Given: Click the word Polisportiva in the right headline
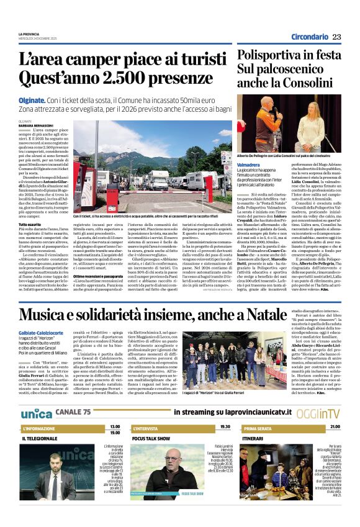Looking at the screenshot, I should pos(268,55).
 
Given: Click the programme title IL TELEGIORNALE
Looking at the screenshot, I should pos(40,438).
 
